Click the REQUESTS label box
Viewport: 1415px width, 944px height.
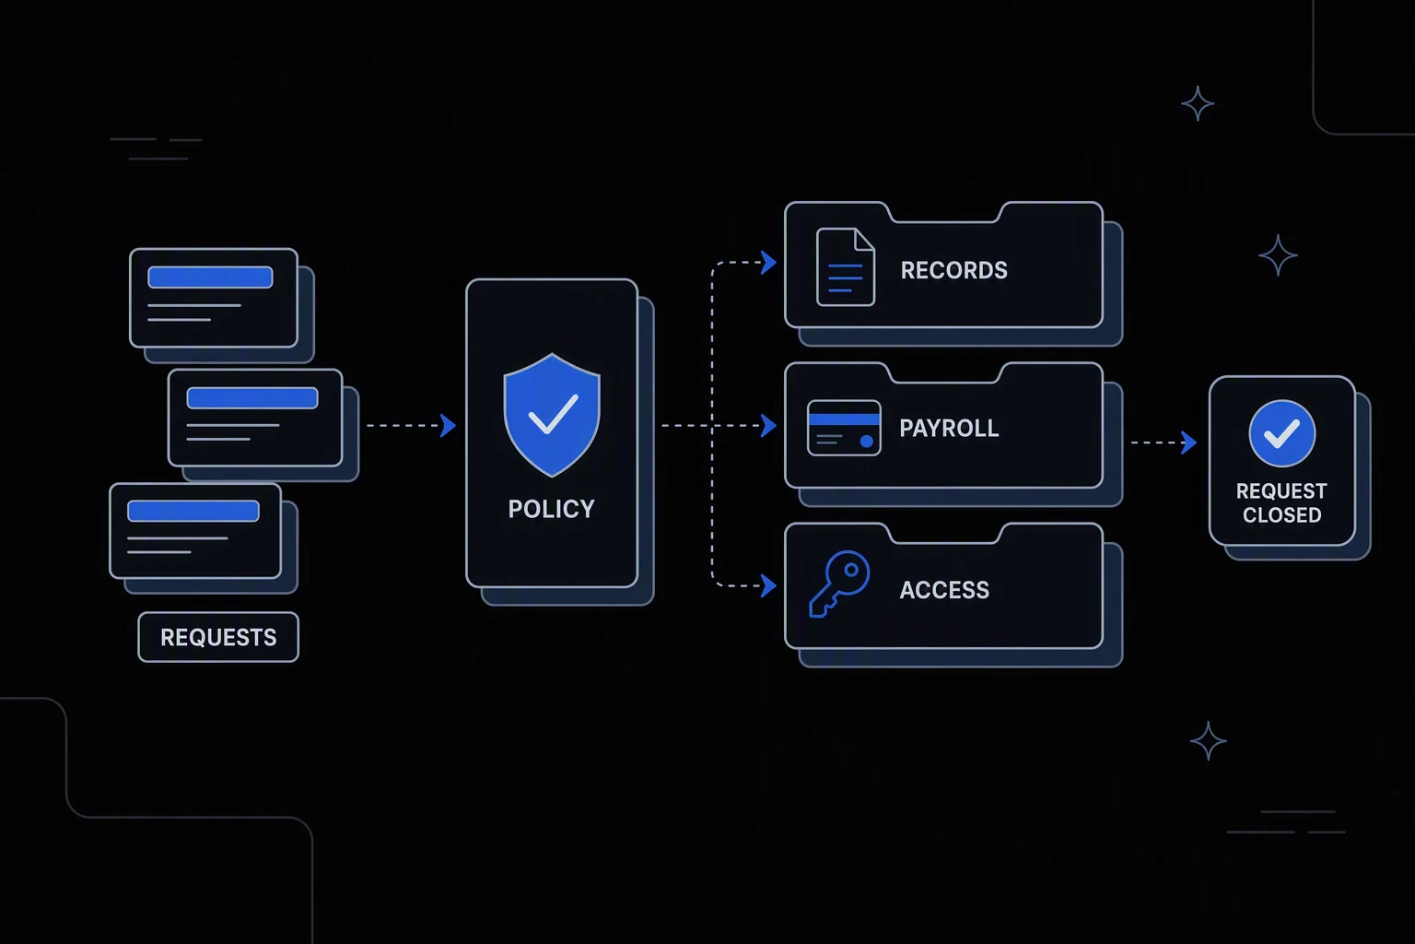pos(218,637)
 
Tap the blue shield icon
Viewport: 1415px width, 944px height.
pos(552,415)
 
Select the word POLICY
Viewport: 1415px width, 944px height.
pos(552,509)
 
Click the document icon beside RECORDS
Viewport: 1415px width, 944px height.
pos(845,266)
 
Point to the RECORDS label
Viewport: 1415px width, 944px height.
pos(953,270)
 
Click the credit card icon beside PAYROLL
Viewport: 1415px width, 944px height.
pos(844,428)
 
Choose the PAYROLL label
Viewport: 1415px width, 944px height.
pos(949,428)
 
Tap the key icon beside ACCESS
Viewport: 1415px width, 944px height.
pos(839,584)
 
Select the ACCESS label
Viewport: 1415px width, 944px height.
pos(944,590)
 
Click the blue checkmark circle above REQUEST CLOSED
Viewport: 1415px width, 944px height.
pos(1281,434)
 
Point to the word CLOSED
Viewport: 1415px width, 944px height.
pos(1281,514)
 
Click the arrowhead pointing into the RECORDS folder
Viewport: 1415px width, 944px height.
pos(769,262)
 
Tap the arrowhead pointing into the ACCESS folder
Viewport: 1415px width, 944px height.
pos(769,585)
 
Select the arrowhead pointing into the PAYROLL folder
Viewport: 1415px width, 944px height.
pos(769,426)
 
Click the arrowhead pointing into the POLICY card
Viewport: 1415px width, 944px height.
pos(448,426)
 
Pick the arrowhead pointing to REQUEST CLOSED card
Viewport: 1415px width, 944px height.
pos(1189,442)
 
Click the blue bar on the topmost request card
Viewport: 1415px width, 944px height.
pos(210,277)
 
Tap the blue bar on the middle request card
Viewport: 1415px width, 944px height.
pos(252,397)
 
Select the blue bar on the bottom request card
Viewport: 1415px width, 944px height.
pos(193,511)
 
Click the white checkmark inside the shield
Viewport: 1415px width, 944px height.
pos(553,414)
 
